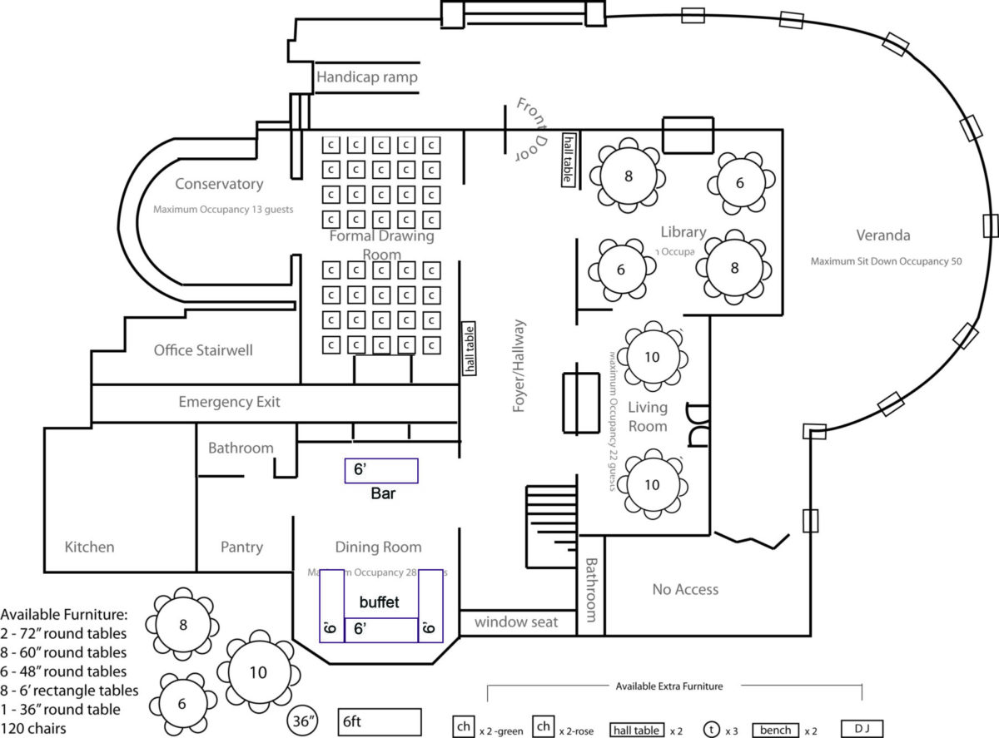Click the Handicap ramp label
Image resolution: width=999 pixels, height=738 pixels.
366,77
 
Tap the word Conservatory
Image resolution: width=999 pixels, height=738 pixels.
219,184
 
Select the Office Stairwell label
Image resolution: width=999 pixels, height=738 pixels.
203,350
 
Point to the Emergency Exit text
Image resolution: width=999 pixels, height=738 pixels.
229,402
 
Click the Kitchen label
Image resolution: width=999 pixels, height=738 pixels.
89,547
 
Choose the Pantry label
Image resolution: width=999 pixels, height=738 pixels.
241,547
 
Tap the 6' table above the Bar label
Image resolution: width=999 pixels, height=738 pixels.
381,470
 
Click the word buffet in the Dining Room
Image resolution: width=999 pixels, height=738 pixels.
380,601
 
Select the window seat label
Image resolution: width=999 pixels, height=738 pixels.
516,622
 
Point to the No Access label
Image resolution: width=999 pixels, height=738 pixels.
685,589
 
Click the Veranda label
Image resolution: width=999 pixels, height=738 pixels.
882,235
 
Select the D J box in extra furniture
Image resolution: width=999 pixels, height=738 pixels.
861,729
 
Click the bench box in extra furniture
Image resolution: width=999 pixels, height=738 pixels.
774,730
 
